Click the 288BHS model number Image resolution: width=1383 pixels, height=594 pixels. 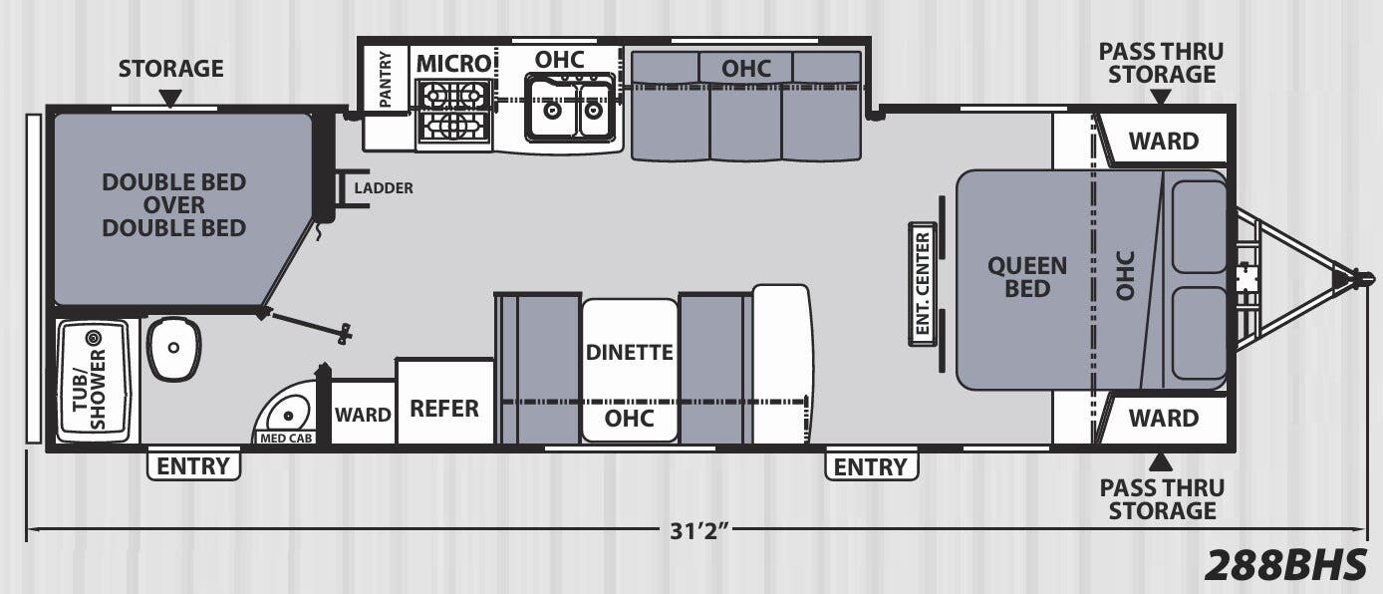[x=1285, y=564]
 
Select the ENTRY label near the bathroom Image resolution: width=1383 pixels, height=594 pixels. [x=193, y=466]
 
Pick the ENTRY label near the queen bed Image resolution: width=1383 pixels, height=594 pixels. [x=871, y=466]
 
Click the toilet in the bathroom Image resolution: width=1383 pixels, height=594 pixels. [x=174, y=349]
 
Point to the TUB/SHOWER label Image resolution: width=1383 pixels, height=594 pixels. [x=90, y=389]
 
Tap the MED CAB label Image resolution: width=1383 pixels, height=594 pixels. [x=286, y=439]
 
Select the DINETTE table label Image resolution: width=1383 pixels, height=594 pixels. [x=629, y=352]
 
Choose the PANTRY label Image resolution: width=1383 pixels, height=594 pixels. [x=386, y=80]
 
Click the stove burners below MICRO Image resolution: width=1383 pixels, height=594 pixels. [x=453, y=112]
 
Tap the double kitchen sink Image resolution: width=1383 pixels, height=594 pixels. [x=570, y=108]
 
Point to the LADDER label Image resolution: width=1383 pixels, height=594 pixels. [x=384, y=187]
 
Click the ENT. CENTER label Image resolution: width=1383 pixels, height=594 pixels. [x=923, y=283]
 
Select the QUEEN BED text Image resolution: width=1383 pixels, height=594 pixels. [x=1027, y=277]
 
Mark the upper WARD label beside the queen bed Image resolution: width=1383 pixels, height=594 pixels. [x=1164, y=141]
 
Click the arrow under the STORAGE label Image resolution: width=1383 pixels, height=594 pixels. [x=171, y=99]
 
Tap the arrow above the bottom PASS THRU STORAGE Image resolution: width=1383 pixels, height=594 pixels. [x=1161, y=461]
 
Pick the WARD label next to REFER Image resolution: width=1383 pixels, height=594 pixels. [x=363, y=415]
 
